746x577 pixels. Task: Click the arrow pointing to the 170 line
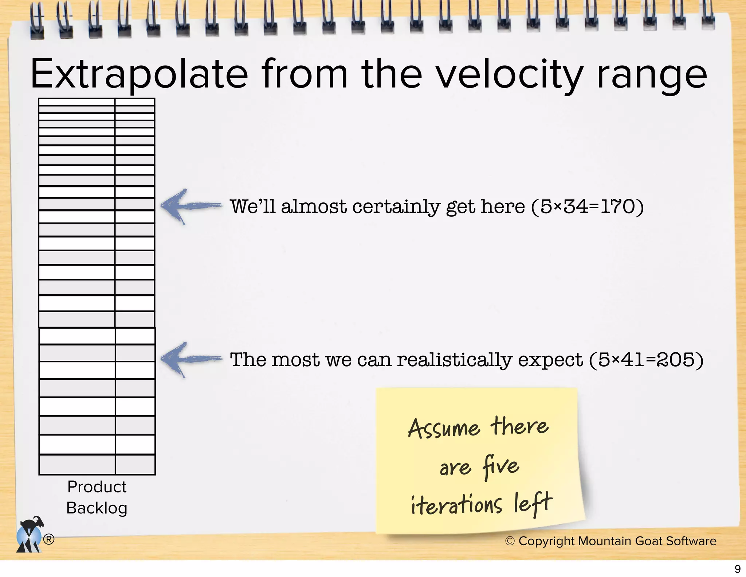[x=191, y=206]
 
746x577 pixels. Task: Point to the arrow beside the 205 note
[x=191, y=359]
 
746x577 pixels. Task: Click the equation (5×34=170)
[x=588, y=207]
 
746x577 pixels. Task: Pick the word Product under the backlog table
[x=97, y=487]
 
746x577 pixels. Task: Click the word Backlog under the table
[x=97, y=508]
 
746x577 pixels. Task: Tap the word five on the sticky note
[x=500, y=466]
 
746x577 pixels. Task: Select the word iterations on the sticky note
[x=456, y=505]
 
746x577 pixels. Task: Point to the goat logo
[x=30, y=534]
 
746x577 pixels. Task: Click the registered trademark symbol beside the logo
[x=49, y=539]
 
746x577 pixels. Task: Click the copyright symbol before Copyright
[x=510, y=541]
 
